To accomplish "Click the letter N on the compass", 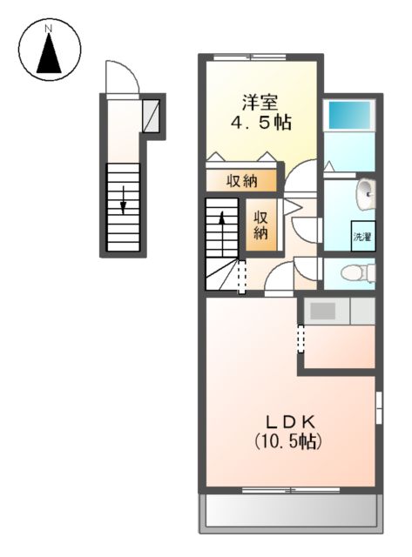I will (50, 29).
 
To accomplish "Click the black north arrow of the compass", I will (50, 56).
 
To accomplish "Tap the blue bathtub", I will (348, 115).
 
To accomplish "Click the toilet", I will (358, 272).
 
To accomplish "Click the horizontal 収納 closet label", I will (242, 181).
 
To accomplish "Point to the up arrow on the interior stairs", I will (223, 228).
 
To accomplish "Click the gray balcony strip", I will (291, 513).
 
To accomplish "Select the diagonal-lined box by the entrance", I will (151, 112).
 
